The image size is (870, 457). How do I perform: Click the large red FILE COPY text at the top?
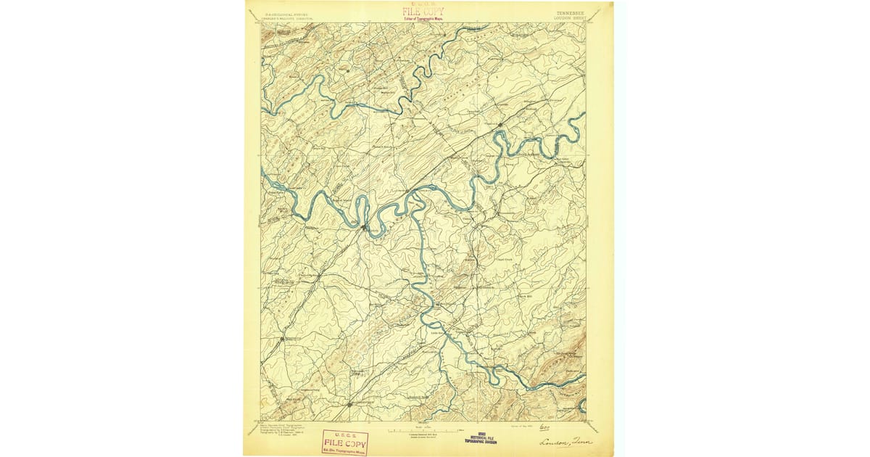pyautogui.click(x=423, y=12)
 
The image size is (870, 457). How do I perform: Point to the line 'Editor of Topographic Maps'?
pyautogui.click(x=423, y=19)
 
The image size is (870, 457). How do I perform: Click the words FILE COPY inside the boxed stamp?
pyautogui.click(x=345, y=442)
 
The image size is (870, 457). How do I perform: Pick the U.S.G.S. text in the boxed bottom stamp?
pyautogui.click(x=345, y=435)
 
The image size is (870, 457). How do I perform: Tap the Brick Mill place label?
pyautogui.click(x=525, y=296)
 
